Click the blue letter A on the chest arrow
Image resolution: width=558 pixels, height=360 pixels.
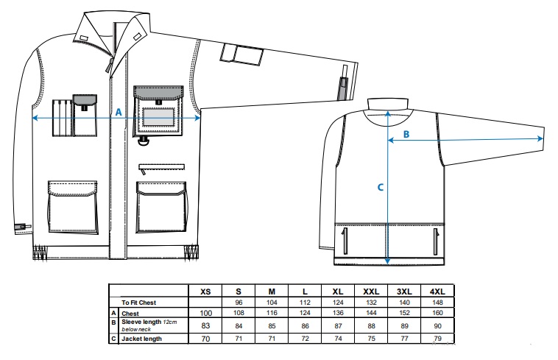coord(119,113)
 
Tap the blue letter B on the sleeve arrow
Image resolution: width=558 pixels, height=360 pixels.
coord(406,134)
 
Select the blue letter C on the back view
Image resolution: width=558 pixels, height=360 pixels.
coord(380,187)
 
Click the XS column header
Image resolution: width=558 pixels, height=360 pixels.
coord(205,292)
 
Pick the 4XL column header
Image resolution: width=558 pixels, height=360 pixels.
coord(437,292)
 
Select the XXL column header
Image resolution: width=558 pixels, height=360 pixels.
coord(371,292)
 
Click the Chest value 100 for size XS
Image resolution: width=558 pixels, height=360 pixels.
coord(205,313)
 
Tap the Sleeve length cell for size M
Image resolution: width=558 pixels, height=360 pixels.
coord(272,326)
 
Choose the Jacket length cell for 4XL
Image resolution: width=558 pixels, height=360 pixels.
coord(438,339)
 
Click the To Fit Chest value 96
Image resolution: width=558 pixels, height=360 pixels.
coord(239,303)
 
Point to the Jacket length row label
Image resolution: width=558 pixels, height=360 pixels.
coord(141,339)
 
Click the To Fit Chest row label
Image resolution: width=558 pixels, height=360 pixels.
coord(139,303)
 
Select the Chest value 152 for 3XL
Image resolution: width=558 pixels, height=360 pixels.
coord(404,313)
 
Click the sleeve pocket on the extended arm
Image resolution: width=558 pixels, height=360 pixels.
coord(242,55)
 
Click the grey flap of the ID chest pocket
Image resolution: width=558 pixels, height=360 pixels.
coord(158,93)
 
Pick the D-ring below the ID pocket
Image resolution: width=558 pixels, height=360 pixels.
coord(144,141)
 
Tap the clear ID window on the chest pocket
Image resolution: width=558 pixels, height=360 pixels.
coord(158,116)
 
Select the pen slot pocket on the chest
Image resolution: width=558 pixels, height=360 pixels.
coord(63,118)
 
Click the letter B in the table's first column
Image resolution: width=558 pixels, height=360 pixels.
coord(113,322)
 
